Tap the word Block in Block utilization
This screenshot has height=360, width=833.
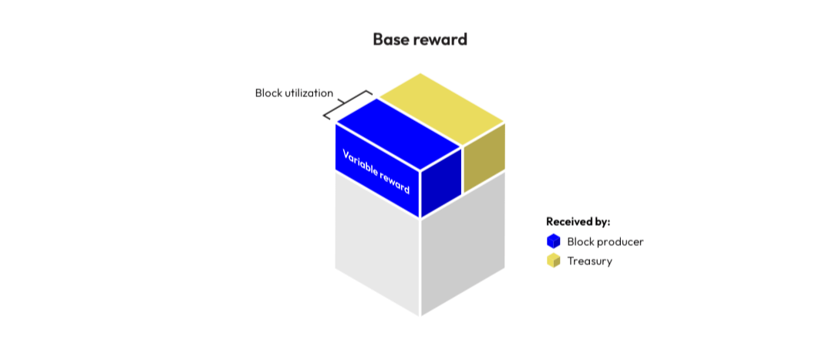[x=269, y=93]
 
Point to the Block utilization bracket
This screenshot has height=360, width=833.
[x=346, y=106]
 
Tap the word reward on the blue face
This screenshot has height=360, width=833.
[x=393, y=183]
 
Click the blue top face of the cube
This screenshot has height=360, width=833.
[x=398, y=134]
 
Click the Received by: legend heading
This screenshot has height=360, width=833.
[x=578, y=222]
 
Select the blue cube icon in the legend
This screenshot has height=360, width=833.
[x=553, y=241]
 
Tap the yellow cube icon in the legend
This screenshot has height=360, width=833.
[x=553, y=261]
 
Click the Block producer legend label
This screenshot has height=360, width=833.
[x=605, y=241]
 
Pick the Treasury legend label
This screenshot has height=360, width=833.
[x=589, y=261]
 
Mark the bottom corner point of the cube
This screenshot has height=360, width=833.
[x=420, y=316]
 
